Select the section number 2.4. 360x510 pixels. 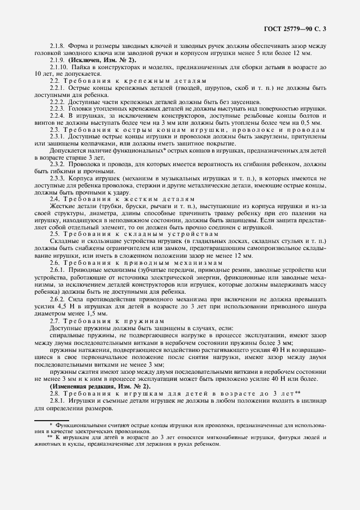coord(54,199)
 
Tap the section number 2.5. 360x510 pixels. coord(54,234)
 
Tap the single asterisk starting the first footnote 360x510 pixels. coord(51,423)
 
